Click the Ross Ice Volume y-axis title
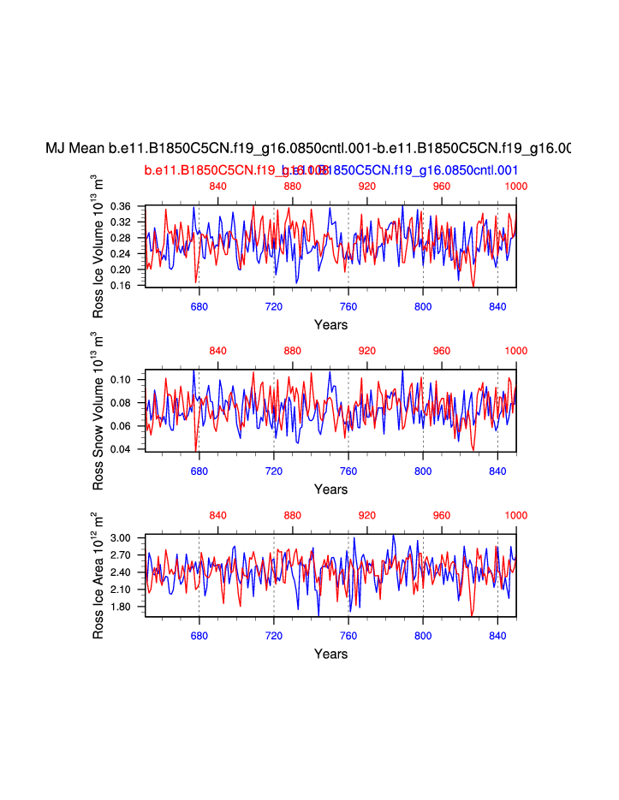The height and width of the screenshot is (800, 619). (x=98, y=245)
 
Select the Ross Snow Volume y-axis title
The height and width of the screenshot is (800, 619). (x=98, y=412)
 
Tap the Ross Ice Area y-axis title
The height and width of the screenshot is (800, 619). (x=98, y=576)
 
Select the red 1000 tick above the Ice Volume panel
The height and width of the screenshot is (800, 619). (x=515, y=187)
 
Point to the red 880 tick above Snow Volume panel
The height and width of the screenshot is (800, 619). (x=292, y=351)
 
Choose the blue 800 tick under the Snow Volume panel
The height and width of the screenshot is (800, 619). (x=423, y=471)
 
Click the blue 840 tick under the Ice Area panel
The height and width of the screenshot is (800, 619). (x=497, y=636)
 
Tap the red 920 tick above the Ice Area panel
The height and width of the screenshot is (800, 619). (x=366, y=515)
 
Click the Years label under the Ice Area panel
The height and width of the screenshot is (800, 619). (x=330, y=655)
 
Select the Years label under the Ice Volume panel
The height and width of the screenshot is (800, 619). (x=330, y=325)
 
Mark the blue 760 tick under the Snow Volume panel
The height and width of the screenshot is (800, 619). (x=348, y=471)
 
